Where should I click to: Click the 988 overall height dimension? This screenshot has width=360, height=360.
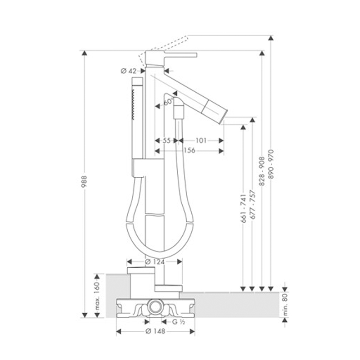[x=84, y=182]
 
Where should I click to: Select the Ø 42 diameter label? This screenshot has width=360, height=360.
[x=129, y=71]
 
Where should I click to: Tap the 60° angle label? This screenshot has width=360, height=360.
[x=169, y=101]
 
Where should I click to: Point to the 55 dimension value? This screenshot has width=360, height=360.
[x=166, y=140]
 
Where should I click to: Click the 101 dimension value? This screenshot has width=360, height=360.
[x=201, y=140]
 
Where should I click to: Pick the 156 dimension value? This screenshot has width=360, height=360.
[x=189, y=150]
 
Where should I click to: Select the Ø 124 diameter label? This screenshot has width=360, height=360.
[x=155, y=261]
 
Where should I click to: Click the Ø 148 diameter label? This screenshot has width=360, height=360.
[x=155, y=331]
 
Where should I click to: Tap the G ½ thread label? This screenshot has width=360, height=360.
[x=179, y=322]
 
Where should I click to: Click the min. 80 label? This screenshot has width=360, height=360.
[x=285, y=305]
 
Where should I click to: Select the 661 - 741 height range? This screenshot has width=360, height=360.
[x=243, y=208]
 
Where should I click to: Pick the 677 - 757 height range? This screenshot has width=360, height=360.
[x=252, y=204]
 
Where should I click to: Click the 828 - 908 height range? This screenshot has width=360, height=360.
[x=262, y=171]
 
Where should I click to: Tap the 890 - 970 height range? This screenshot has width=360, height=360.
[x=271, y=164]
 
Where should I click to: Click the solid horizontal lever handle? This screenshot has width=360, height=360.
[x=181, y=55]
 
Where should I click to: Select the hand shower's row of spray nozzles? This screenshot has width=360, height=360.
[x=133, y=104]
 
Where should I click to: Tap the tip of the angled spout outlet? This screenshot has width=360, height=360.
[x=221, y=124]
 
